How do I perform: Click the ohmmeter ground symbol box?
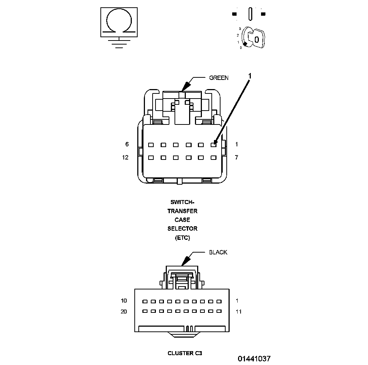click(119, 22)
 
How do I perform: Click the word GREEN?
click(219, 78)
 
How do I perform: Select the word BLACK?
click(218, 253)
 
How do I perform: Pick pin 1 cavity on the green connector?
click(213, 145)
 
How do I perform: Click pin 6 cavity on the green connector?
click(151, 145)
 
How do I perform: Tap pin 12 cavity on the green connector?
click(151, 158)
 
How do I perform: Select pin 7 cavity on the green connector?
click(213, 158)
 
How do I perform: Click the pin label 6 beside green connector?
click(127, 145)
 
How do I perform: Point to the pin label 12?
click(126, 158)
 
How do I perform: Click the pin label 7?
click(237, 158)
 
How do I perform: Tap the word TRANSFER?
click(183, 211)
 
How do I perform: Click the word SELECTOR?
click(183, 229)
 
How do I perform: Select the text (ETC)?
click(183, 238)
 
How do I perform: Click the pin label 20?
click(124, 312)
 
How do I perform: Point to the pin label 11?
click(238, 312)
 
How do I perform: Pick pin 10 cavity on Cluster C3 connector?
click(145, 302)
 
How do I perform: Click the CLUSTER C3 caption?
click(185, 353)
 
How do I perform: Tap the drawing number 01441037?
click(254, 359)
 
